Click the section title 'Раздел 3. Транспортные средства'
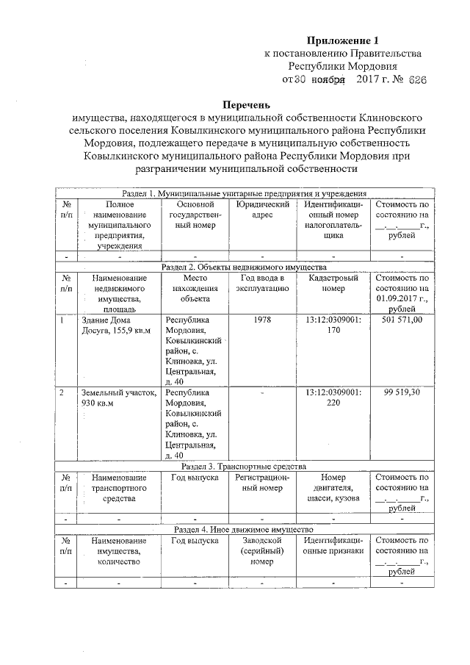243,466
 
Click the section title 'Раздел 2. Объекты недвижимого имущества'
243,268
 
